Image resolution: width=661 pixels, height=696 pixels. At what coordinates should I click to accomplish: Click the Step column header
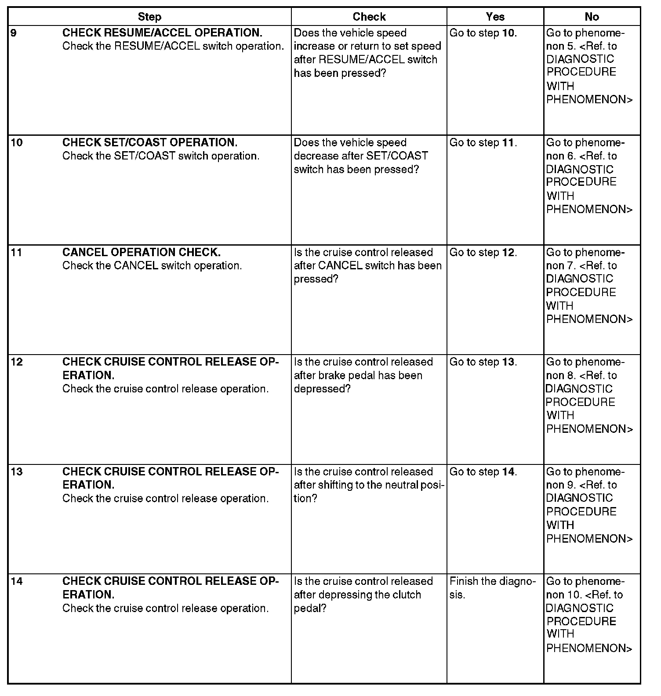click(149, 17)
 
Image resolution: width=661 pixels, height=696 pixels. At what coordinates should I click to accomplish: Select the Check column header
click(369, 17)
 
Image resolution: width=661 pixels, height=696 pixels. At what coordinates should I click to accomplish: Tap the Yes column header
click(495, 17)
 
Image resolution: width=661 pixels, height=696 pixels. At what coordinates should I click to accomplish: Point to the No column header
click(592, 17)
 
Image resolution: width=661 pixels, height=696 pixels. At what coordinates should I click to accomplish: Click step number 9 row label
click(14, 33)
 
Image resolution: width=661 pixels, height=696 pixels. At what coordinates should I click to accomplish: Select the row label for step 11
click(17, 252)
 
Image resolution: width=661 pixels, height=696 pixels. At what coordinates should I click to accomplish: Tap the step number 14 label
click(17, 581)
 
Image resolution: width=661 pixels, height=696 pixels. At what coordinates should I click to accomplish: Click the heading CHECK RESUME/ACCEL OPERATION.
click(162, 33)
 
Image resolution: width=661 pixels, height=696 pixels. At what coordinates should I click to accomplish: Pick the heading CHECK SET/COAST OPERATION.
click(150, 142)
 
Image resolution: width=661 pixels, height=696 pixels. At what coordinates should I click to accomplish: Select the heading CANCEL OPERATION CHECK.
click(142, 252)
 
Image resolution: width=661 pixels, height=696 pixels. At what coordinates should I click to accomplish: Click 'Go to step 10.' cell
click(483, 33)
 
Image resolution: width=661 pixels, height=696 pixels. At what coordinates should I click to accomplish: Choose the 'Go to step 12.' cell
click(483, 252)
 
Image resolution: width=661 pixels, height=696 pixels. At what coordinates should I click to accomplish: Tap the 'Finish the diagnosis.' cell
click(492, 588)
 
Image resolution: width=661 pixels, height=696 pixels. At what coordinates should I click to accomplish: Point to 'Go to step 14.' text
click(483, 471)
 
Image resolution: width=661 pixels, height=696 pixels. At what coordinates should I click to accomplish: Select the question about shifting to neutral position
click(369, 485)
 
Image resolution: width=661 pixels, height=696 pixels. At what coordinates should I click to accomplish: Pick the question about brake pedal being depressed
click(363, 375)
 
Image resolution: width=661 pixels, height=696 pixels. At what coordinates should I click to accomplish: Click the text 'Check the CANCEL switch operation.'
click(152, 266)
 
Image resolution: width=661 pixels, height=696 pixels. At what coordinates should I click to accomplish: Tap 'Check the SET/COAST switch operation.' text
click(161, 156)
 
